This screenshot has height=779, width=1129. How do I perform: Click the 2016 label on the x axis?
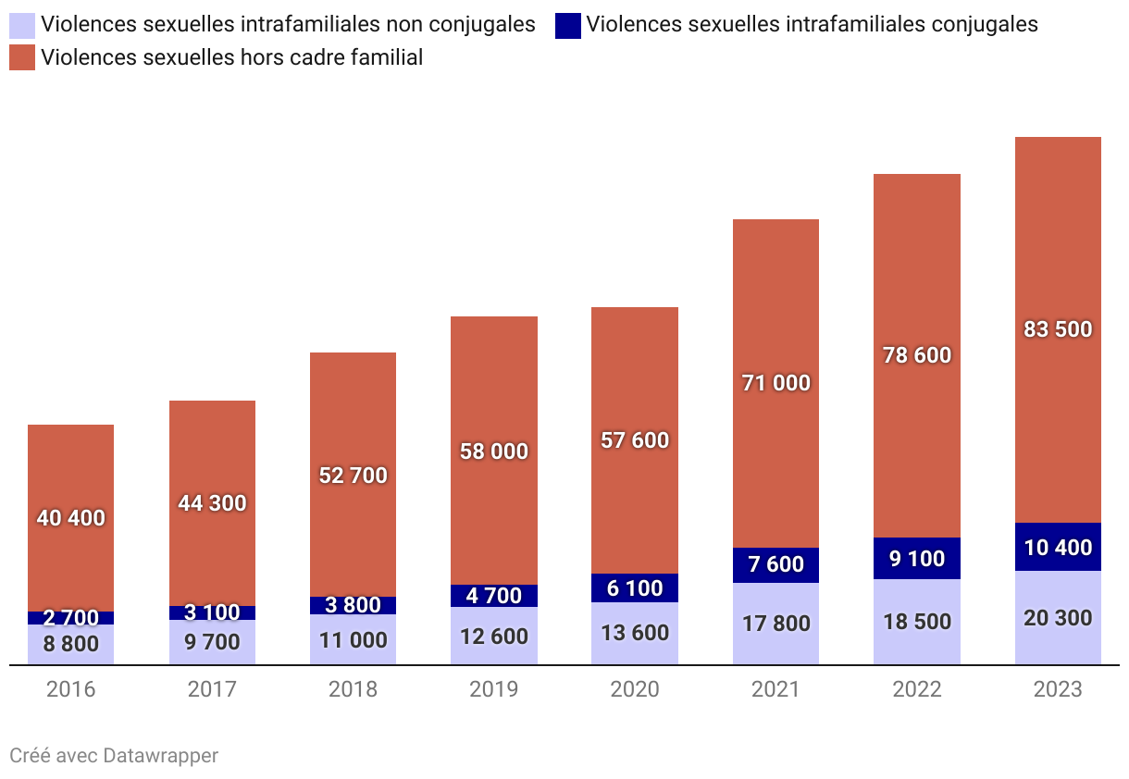(70, 689)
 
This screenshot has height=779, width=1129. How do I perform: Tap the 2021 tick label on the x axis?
(775, 689)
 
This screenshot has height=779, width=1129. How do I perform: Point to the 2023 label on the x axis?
(1058, 689)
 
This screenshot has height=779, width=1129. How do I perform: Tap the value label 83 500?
(1058, 329)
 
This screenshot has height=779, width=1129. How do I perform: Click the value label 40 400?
(70, 518)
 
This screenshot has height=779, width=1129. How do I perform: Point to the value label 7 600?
(775, 564)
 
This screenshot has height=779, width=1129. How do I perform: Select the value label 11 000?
(353, 640)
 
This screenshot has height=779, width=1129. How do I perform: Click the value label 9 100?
(916, 559)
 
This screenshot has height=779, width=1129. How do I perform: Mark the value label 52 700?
(353, 476)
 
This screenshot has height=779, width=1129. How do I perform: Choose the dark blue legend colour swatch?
(568, 25)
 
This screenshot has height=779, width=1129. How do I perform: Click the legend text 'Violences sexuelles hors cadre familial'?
(231, 58)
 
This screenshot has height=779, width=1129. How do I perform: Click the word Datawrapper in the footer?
(161, 756)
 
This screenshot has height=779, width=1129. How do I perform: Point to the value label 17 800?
(775, 624)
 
